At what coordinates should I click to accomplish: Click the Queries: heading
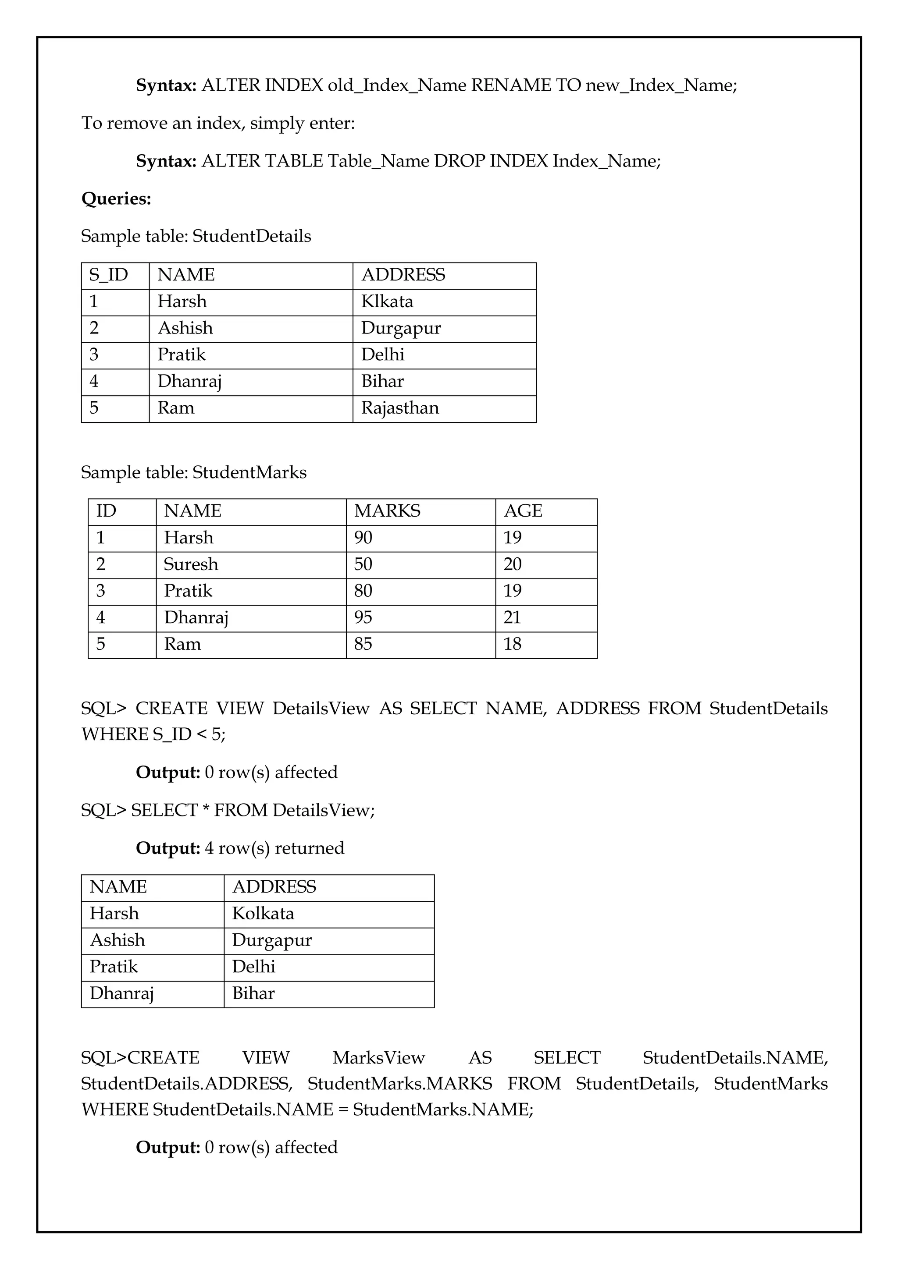116,199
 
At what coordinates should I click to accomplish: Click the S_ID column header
108,275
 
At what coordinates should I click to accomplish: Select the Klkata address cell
387,301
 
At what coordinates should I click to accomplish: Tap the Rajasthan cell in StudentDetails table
400,408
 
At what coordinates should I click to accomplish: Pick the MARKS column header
387,510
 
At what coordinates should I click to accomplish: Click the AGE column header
523,510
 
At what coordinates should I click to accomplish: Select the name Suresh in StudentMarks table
191,564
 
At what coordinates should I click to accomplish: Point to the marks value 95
363,617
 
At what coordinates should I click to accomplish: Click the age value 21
512,617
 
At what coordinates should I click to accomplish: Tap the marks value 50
363,564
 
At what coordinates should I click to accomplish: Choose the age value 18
512,644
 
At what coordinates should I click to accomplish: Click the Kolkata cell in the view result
263,914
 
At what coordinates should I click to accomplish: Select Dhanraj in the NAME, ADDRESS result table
121,993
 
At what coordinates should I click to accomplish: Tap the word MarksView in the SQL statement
378,1057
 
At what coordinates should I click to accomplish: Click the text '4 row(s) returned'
274,848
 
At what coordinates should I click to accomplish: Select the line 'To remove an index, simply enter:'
218,123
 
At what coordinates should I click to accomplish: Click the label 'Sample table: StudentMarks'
193,472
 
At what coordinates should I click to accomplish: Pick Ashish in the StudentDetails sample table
185,328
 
